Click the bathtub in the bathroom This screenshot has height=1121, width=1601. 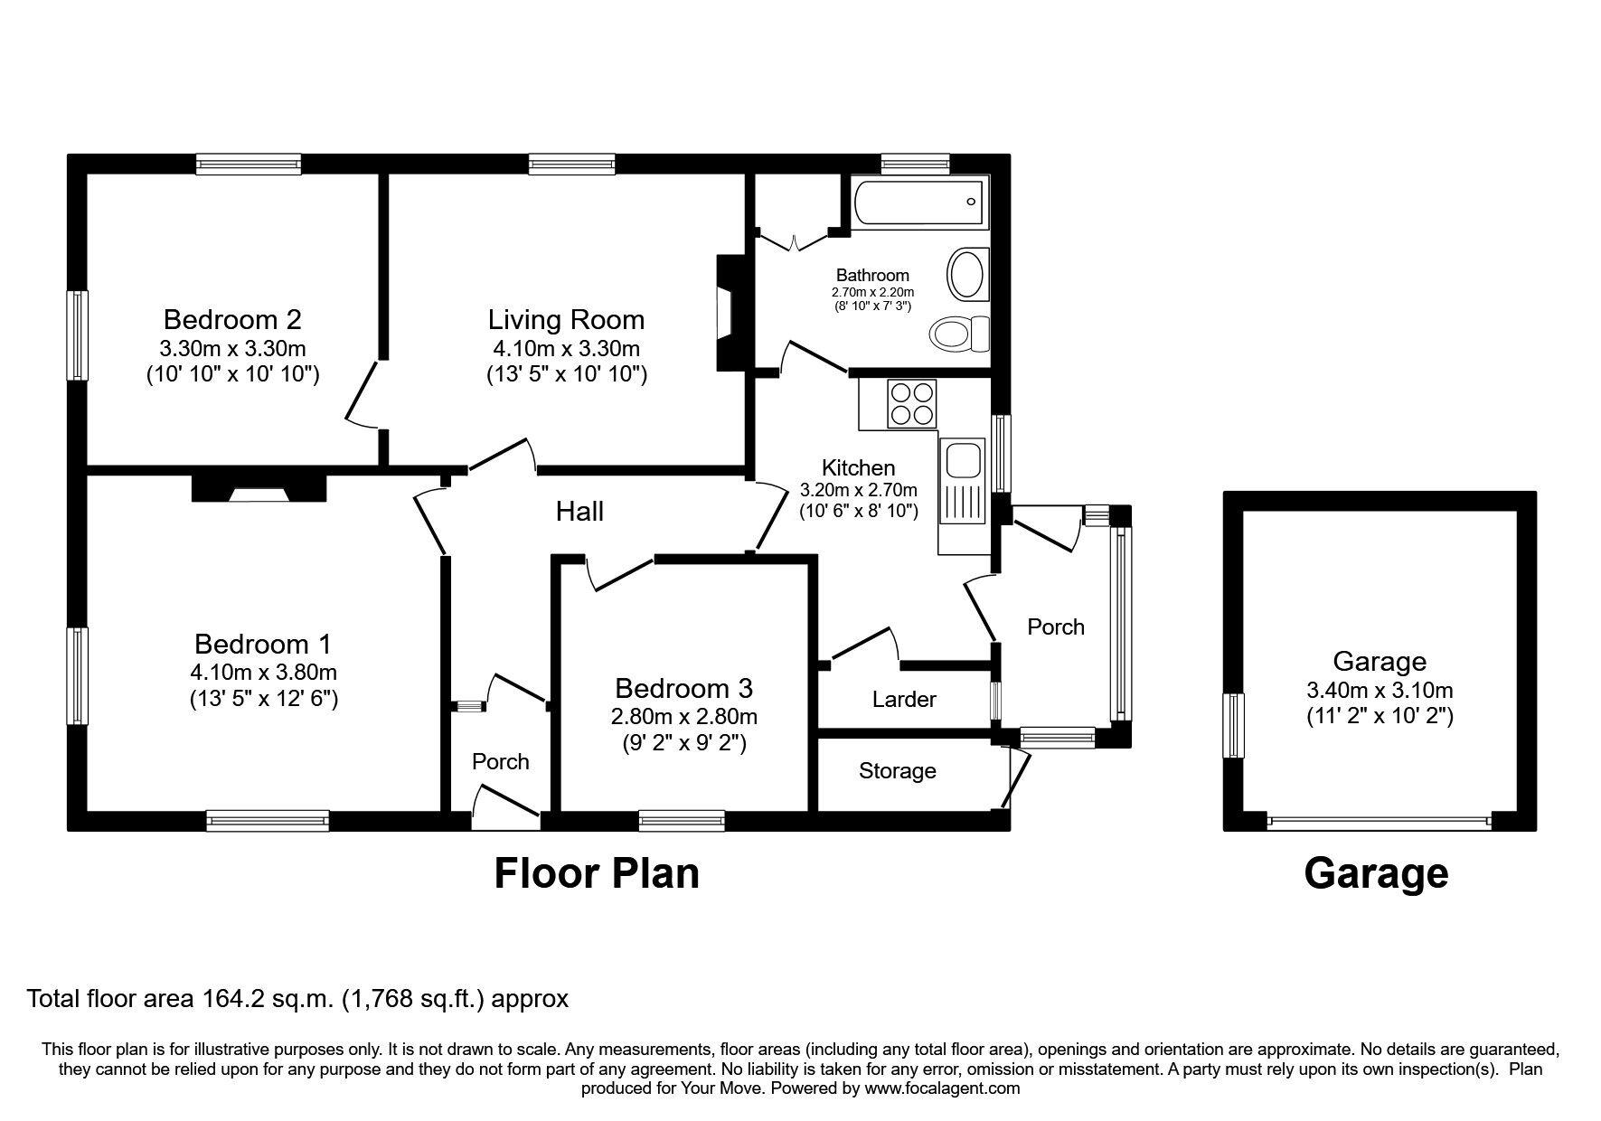[x=917, y=203]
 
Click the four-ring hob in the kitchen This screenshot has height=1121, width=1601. [x=912, y=404]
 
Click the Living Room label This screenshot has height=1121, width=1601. [x=567, y=319]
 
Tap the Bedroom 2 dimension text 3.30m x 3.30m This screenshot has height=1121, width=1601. [x=233, y=348]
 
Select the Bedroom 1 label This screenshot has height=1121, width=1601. [x=263, y=644]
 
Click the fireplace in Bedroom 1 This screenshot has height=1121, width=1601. [x=259, y=487]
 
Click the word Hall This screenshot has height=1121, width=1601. [x=579, y=512]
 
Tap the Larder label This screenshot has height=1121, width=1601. [x=904, y=699]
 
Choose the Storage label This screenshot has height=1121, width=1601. [x=898, y=770]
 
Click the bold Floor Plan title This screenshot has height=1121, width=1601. [x=597, y=873]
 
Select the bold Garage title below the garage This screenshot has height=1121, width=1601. [x=1376, y=873]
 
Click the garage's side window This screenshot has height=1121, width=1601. [x=1234, y=726]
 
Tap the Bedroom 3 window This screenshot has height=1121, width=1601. [x=682, y=820]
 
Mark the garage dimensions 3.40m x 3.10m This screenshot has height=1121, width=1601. [x=1380, y=691]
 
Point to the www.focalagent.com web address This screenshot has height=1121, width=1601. [x=942, y=1088]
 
